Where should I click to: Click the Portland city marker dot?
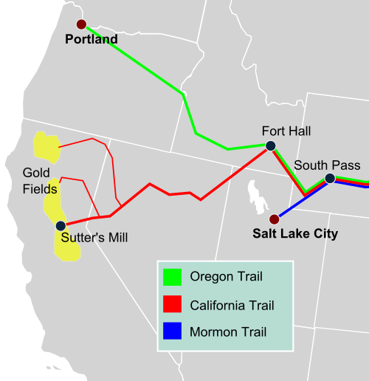[81, 24]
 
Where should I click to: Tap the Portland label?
[92, 39]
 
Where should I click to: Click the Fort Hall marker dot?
[270, 145]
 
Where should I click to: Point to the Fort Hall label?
[286, 131]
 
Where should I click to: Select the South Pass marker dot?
[330, 178]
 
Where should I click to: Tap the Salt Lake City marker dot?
[275, 219]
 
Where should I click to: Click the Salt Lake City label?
[295, 234]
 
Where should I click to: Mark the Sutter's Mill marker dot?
[61, 226]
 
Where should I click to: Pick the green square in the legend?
[172, 277]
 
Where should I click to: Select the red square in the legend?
[172, 303]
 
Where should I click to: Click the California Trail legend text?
[232, 303]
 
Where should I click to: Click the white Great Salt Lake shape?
[257, 196]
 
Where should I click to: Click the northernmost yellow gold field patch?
[46, 148]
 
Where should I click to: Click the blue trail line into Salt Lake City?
[295, 204]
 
